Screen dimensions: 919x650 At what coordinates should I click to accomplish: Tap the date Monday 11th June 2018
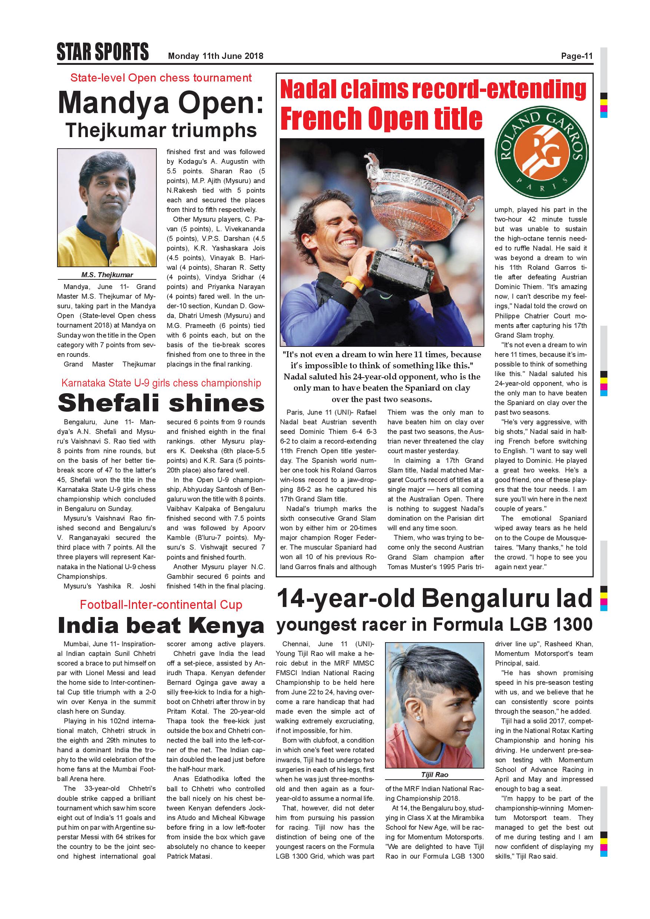(215, 56)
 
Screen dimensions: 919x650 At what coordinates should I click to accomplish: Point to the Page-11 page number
(576, 56)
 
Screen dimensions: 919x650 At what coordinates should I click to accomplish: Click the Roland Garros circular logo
(541, 153)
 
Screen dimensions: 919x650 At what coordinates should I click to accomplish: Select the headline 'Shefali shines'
(161, 403)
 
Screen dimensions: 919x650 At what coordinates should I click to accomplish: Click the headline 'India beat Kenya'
(161, 625)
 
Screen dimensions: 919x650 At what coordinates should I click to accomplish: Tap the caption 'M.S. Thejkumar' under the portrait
(107, 275)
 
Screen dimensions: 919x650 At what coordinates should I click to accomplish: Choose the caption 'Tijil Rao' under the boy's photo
(435, 774)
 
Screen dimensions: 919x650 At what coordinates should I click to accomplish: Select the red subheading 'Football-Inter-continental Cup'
(161, 604)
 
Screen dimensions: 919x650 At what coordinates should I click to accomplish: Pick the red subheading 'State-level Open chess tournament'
(161, 78)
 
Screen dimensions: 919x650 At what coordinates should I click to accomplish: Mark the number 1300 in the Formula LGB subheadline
(572, 624)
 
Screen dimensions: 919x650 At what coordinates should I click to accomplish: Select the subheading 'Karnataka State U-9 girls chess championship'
(161, 383)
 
